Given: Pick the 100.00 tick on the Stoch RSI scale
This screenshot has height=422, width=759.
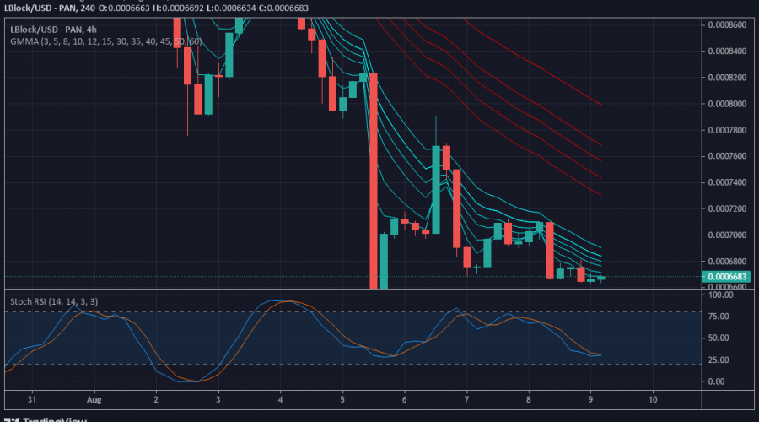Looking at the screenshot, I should (x=722, y=295).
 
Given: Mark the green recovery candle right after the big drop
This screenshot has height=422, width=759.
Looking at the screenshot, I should (x=384, y=262).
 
